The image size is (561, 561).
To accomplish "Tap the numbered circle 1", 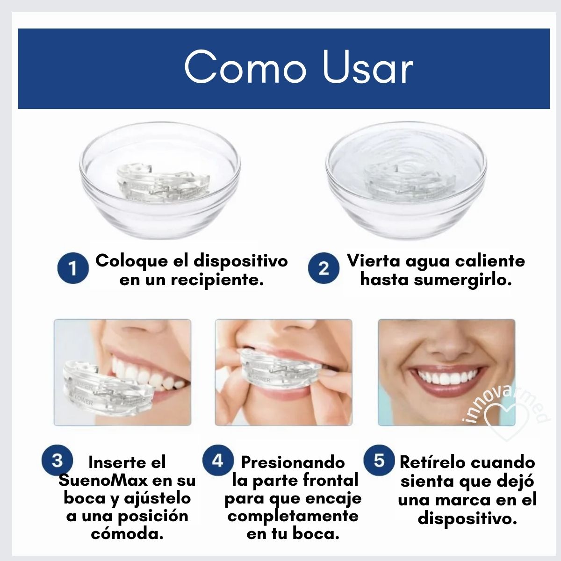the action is (x=73, y=268).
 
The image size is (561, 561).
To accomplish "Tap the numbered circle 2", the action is (x=324, y=268).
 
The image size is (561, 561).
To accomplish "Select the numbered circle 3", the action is (x=57, y=460).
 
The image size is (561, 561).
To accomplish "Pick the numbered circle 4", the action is (x=217, y=460).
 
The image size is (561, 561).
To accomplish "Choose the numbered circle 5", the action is (x=379, y=460).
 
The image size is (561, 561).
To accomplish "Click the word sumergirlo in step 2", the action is (x=463, y=280).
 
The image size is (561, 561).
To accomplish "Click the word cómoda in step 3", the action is (x=127, y=534).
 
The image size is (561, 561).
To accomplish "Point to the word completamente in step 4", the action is (x=293, y=517).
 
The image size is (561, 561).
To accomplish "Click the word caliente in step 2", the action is (x=490, y=261).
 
